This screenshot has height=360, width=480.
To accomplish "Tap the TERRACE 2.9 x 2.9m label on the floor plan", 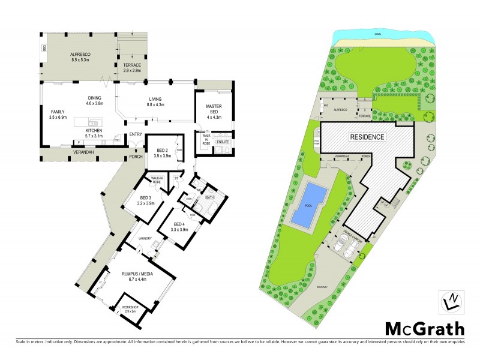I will click(131, 68).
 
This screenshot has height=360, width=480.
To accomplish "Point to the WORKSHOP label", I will click(130, 308).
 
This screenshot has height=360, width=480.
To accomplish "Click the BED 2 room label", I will click(163, 153).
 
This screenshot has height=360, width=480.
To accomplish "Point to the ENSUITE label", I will click(223, 143).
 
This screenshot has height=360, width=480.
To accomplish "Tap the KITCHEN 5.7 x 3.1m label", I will click(95, 133).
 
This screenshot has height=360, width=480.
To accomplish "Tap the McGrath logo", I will click(424, 329).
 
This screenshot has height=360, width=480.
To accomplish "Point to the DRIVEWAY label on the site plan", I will click(323, 287).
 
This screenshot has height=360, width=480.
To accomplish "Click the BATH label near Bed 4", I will click(210, 197).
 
